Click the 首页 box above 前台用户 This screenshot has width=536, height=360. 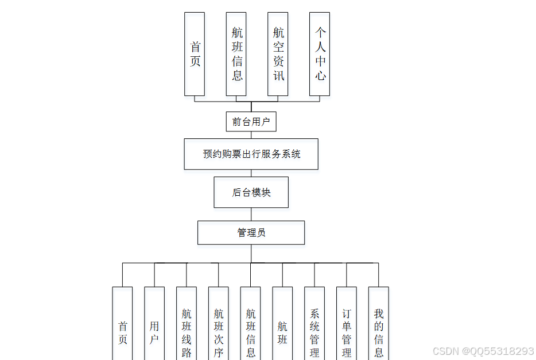195,54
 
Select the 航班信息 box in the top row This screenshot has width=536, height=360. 236,54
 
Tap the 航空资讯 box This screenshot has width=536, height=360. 278,54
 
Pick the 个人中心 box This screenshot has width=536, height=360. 320,54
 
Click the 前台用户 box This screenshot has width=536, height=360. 251,122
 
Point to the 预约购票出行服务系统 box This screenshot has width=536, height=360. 251,154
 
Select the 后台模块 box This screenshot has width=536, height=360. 251,192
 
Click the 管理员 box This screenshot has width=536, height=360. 251,233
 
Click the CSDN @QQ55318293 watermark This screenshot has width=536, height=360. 483,351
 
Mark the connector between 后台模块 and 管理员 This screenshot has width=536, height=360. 251,214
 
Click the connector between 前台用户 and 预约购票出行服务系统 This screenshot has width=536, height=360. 251,135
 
